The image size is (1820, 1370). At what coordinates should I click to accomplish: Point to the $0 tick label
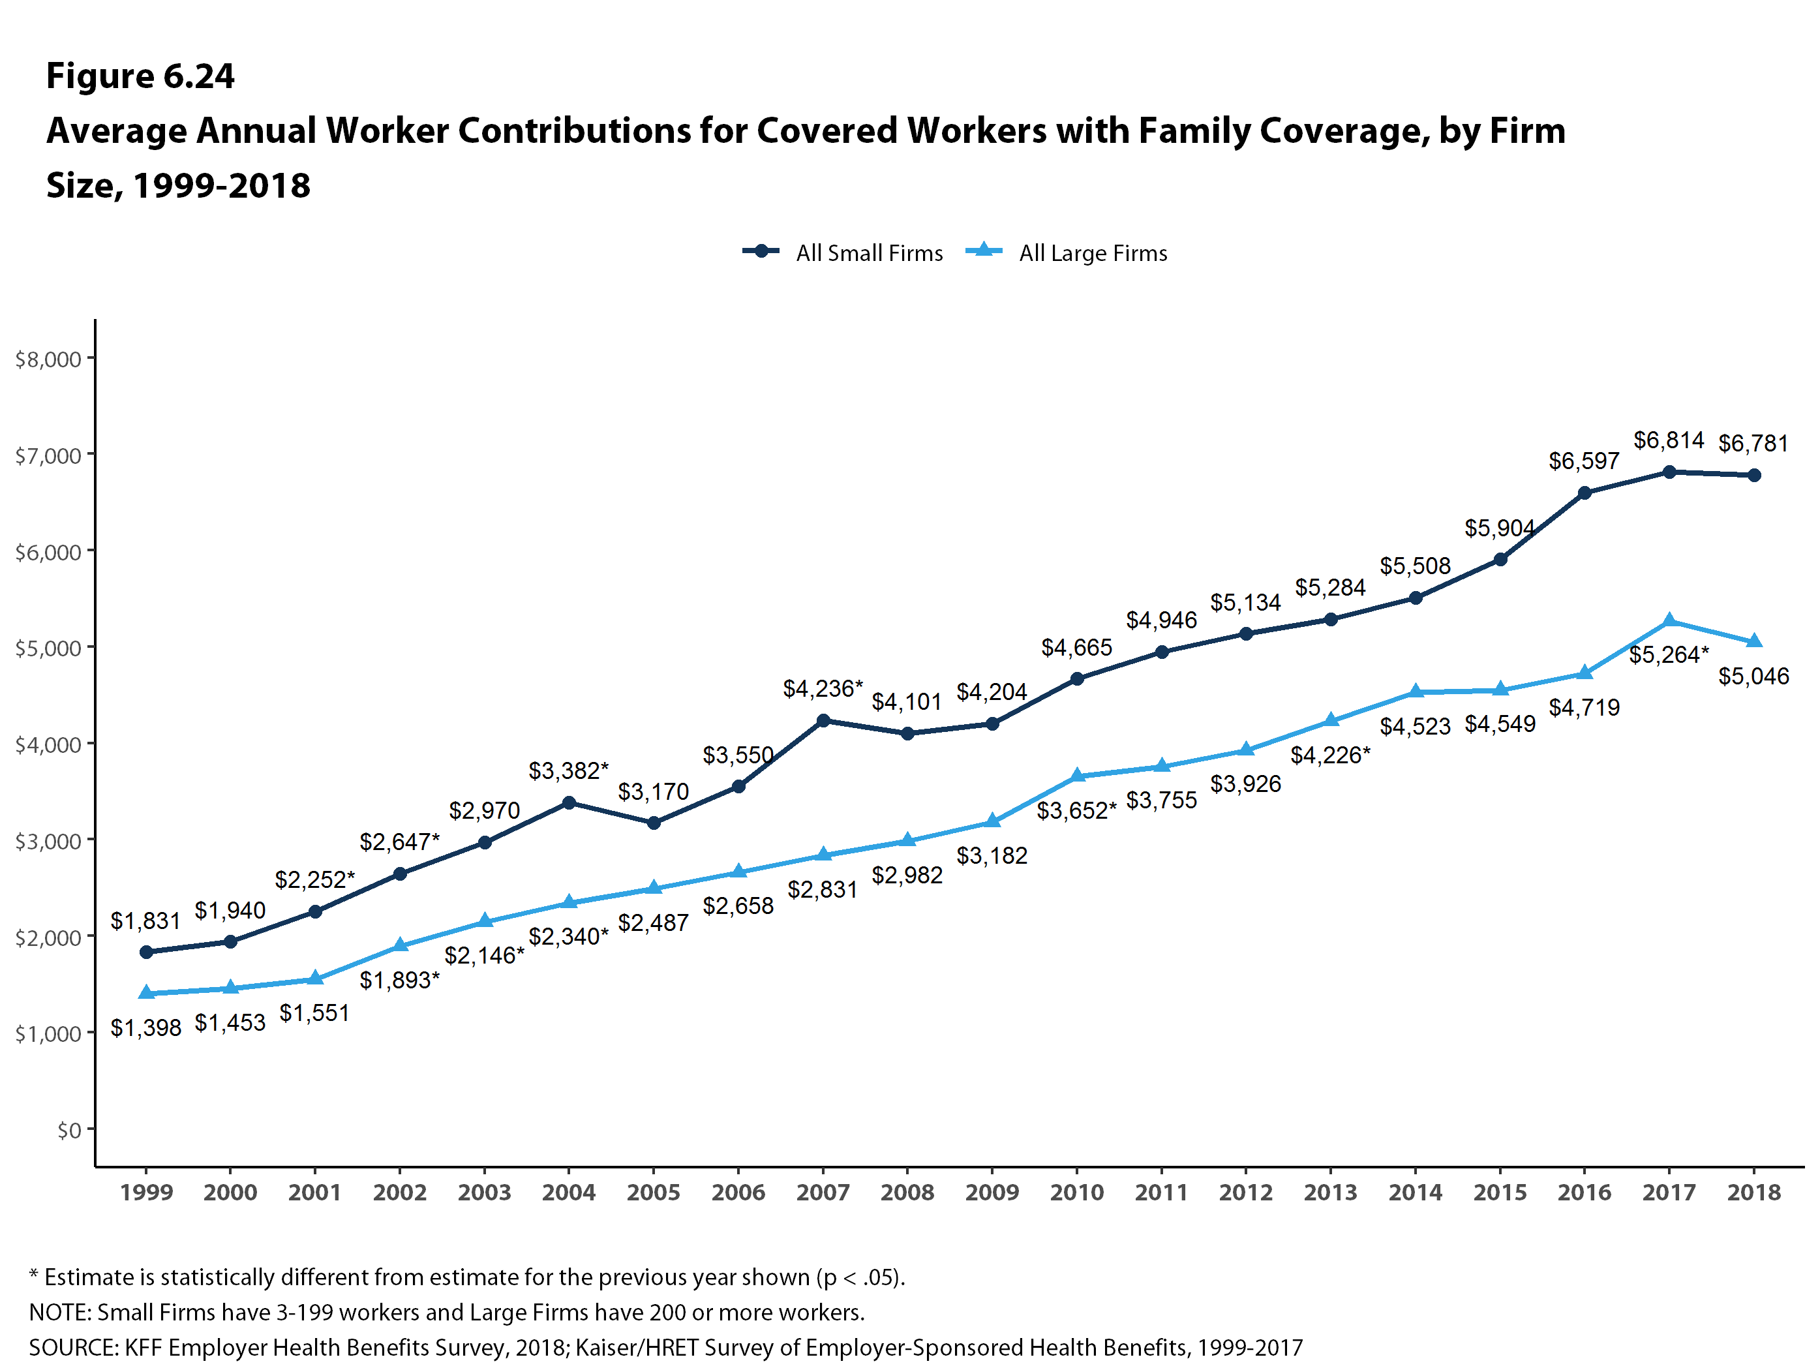(x=69, y=1130)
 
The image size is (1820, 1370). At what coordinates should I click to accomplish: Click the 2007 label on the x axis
(x=823, y=1193)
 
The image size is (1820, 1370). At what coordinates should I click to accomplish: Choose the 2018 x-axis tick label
(x=1753, y=1193)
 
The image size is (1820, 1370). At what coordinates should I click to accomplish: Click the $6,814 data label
(x=1668, y=440)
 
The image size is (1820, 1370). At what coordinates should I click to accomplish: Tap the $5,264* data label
(x=1669, y=655)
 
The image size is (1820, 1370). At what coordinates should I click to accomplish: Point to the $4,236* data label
(x=822, y=689)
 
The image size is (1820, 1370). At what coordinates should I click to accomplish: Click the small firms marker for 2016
(x=1585, y=493)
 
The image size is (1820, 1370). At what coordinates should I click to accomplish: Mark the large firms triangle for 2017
(x=1669, y=621)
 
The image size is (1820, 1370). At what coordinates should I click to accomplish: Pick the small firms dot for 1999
(x=147, y=952)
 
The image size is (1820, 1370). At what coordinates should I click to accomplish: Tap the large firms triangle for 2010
(x=1077, y=776)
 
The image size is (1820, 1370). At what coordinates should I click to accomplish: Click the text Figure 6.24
(x=140, y=76)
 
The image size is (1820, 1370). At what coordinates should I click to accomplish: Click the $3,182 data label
(x=992, y=856)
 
